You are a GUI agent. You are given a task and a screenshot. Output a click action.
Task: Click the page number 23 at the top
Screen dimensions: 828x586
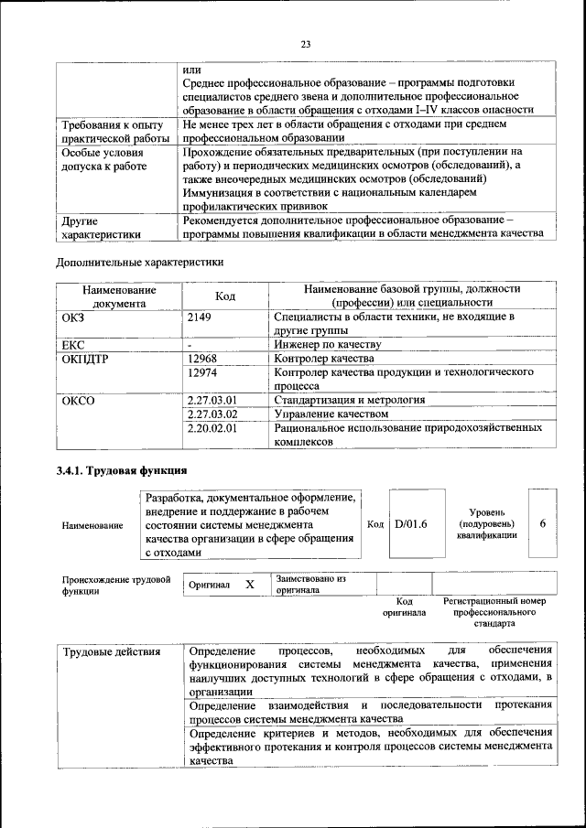point(305,43)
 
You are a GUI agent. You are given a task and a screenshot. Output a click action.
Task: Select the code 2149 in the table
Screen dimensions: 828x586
point(200,317)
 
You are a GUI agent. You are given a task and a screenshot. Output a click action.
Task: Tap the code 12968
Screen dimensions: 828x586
point(202,359)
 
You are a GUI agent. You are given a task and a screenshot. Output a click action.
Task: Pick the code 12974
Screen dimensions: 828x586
point(202,373)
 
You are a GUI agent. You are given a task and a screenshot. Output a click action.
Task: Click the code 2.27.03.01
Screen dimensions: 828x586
point(212,400)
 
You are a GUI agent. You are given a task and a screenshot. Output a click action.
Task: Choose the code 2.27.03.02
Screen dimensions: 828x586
point(212,414)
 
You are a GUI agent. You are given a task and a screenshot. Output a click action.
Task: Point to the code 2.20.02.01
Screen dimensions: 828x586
point(212,427)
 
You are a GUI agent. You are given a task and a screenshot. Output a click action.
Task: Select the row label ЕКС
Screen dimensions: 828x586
point(73,345)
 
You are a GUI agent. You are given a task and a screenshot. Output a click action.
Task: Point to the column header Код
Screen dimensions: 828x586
point(225,296)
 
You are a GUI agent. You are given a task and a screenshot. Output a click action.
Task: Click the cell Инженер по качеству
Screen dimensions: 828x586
point(327,345)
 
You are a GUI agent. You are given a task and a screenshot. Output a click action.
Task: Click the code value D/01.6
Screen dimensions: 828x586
point(411,524)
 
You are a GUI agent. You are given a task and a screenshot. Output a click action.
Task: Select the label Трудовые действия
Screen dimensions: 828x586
point(112,651)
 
